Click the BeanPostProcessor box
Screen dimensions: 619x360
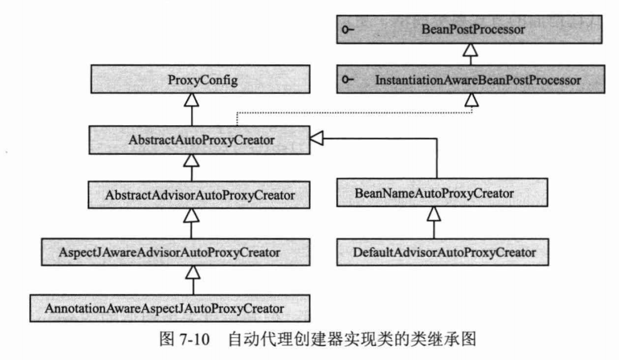(x=469, y=29)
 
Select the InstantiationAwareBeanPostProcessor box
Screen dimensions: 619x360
(x=471, y=79)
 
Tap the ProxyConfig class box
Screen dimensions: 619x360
(x=201, y=79)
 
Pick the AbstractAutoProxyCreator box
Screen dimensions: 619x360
(x=200, y=140)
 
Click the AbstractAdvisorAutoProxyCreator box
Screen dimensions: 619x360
(x=199, y=195)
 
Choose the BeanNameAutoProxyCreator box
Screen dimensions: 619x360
(x=442, y=193)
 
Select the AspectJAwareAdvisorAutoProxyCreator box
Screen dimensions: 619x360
(x=176, y=252)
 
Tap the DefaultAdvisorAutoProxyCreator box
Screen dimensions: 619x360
(x=442, y=252)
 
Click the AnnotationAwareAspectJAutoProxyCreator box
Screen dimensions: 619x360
(x=170, y=308)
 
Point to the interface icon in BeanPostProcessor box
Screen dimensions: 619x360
(x=348, y=29)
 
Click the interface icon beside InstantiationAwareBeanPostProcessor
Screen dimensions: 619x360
(x=348, y=80)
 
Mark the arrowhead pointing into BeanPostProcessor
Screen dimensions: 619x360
(x=470, y=50)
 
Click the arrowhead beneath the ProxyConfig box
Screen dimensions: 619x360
(x=192, y=100)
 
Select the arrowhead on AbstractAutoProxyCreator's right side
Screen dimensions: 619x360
(x=317, y=139)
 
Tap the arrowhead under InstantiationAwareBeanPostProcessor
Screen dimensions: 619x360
(x=471, y=100)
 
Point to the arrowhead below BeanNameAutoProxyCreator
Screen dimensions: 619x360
(x=434, y=214)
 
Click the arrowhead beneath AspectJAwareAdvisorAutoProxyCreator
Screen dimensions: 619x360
(x=193, y=272)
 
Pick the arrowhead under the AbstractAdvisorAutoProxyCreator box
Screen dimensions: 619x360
(x=191, y=215)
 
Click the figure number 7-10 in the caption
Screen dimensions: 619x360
(x=195, y=339)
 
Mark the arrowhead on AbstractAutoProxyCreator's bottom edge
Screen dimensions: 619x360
(x=191, y=160)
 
